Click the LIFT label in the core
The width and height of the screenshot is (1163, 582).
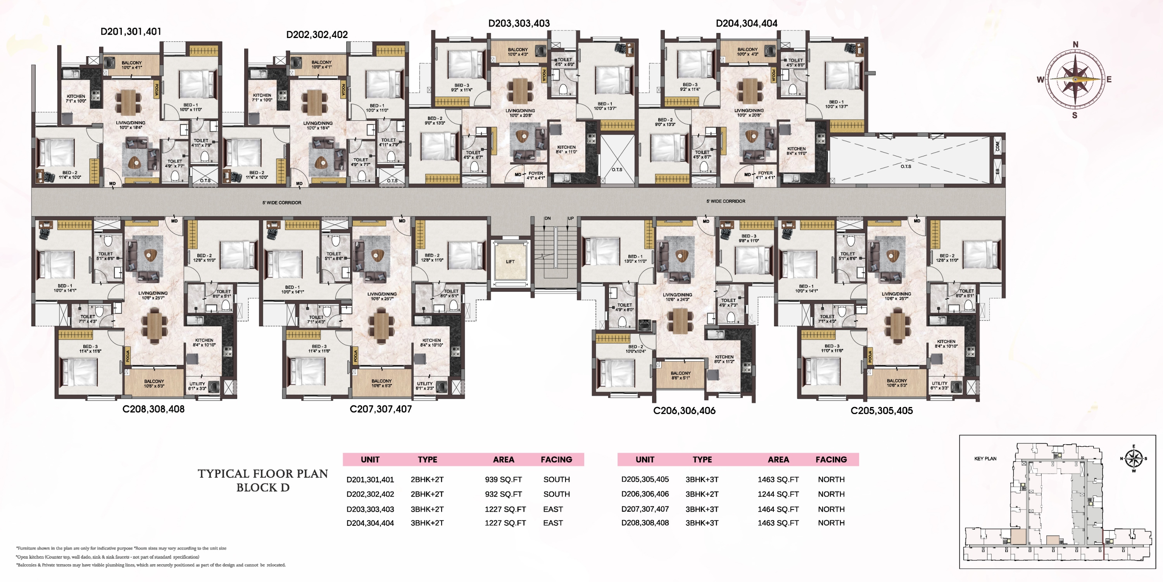510,262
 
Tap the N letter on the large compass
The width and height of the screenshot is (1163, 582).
1075,44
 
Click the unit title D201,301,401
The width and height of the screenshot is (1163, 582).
131,32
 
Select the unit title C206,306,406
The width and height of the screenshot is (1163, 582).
684,411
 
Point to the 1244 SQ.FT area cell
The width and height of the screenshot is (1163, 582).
778,494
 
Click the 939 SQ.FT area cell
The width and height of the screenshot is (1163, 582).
503,480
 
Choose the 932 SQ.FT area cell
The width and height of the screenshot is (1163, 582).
503,494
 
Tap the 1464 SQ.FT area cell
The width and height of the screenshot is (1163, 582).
778,509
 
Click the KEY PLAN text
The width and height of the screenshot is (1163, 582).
985,459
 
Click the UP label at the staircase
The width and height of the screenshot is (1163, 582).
571,218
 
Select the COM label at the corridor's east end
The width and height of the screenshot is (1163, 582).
997,146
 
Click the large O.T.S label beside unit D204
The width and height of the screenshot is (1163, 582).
906,166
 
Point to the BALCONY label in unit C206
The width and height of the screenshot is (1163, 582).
680,373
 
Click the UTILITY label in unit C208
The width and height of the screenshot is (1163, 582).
197,384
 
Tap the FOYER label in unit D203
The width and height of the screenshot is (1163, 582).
535,173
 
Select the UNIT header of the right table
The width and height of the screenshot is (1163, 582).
645,459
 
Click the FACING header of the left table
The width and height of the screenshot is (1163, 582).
556,459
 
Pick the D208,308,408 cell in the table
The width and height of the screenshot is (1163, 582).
645,523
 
